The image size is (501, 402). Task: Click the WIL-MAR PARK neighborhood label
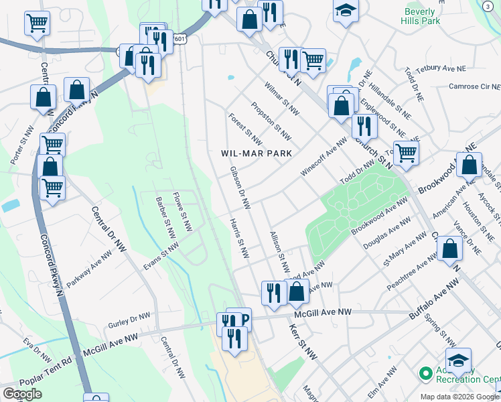click(x=257, y=153)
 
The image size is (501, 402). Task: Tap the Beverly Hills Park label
click(x=422, y=17)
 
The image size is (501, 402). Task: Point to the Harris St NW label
click(x=239, y=239)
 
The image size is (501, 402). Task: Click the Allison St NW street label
click(x=279, y=253)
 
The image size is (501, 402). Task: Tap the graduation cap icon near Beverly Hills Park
click(x=346, y=12)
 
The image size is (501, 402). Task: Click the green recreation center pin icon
click(x=423, y=373)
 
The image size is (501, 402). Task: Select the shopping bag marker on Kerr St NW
click(x=296, y=291)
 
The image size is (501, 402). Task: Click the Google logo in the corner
click(x=22, y=394)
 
